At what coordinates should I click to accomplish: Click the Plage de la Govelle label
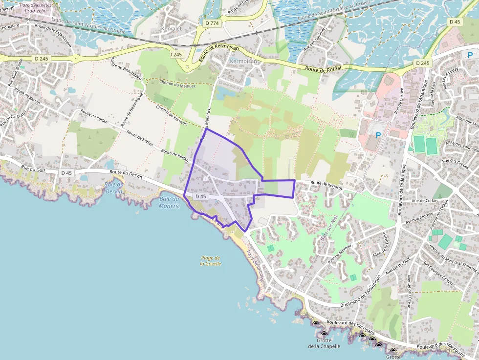pyautogui.click(x=210, y=260)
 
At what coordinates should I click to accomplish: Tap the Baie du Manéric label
pyautogui.click(x=170, y=202)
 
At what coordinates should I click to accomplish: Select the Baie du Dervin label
pyautogui.click(x=113, y=187)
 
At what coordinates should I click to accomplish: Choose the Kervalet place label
pyautogui.click(x=171, y=29)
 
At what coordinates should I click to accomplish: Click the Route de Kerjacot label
pyautogui.click(x=326, y=184)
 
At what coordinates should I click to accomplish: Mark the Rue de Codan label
pyautogui.click(x=424, y=201)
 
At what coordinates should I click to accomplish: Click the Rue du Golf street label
pyautogui.click(x=33, y=169)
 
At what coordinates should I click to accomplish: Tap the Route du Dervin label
pyautogui.click(x=126, y=172)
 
